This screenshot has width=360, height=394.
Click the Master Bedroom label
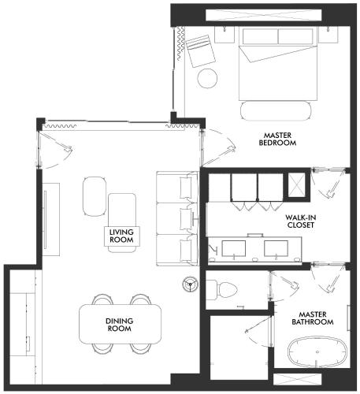pos(277,139)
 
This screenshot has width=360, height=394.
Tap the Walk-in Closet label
pos(301,221)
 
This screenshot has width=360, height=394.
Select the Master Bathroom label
pos(313,318)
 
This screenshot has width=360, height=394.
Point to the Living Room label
pos(121,236)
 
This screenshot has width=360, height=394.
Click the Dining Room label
pos(120,325)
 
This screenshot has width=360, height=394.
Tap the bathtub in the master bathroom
pos(317,352)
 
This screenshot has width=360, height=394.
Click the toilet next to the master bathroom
pos(222,290)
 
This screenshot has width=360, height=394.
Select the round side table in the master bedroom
pos(207,78)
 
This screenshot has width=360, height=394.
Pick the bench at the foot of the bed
pos(276,111)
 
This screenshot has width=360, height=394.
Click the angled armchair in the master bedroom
pos(201,51)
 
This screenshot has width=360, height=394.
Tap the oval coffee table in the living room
pos(95,196)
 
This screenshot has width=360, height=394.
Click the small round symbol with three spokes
pos(190,284)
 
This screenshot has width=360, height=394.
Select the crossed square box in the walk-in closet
pos(297,185)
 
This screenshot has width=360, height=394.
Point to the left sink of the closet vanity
pos(234,248)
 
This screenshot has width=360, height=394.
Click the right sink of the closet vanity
pos(276,248)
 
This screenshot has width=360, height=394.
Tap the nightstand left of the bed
pos(225,34)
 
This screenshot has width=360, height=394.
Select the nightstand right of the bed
pos(328,34)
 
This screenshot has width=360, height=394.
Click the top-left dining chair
pos(103,299)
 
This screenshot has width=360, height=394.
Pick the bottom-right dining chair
pos(141,349)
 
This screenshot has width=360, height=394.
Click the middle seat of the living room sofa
pos(176,218)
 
